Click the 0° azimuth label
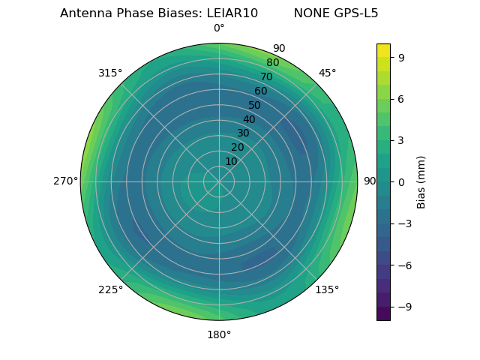point(219,28)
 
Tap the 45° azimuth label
point(328,73)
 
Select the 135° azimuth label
point(327,289)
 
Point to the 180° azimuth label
point(219,334)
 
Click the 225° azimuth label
point(110,289)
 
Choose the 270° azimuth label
point(65,181)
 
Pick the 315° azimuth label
point(110,73)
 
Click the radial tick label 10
point(232,161)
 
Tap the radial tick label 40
point(249,119)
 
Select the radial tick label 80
point(272,63)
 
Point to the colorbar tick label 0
point(402,181)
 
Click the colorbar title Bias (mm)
point(421,181)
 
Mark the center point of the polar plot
point(219,181)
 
